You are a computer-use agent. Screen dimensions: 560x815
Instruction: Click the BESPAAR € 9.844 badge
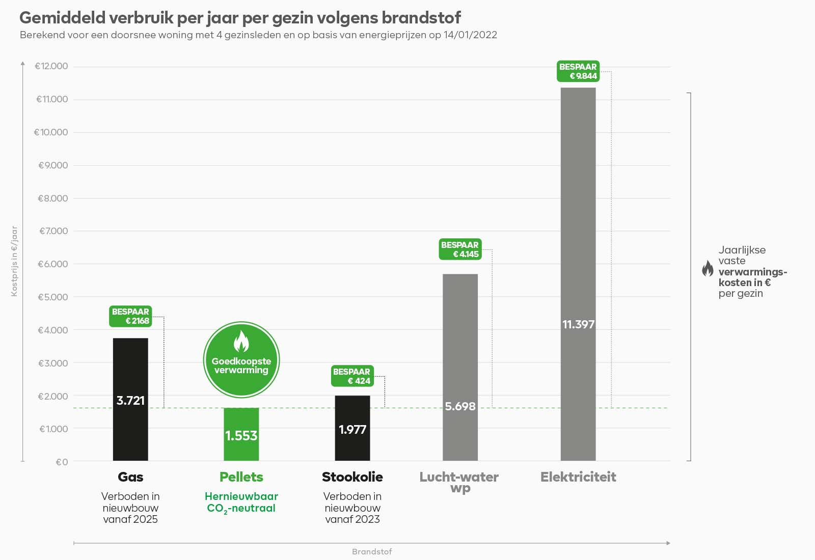578,71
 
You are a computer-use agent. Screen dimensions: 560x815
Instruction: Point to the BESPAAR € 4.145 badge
459,249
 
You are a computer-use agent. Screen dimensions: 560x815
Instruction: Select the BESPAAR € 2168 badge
130,316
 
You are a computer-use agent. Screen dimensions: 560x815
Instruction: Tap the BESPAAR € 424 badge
351,376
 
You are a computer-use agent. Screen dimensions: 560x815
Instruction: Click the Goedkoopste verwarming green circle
241,359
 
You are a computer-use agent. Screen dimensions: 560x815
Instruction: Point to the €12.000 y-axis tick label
51,66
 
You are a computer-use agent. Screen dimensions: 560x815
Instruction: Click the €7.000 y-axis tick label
53,231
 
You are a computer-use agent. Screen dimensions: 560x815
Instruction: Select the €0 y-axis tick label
62,462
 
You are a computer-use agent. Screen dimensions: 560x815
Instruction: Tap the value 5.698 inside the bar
460,406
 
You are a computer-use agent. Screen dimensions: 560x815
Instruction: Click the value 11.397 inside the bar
578,324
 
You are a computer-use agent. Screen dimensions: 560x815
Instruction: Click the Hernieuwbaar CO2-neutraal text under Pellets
241,502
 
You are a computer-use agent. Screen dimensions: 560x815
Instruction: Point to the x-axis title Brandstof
372,552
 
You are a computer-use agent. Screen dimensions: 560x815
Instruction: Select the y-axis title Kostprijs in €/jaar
14,261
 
